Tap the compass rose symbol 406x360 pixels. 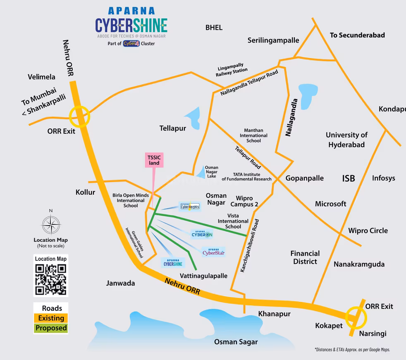point(51,225)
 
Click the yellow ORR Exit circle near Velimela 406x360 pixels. point(79,117)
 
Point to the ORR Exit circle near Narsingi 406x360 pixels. point(356,317)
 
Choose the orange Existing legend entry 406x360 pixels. point(51,318)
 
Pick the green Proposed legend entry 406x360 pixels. point(51,328)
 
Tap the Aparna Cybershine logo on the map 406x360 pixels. point(173,262)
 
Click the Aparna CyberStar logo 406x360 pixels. point(213,252)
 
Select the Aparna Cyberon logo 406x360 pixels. point(202,234)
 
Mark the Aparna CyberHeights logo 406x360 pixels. point(190,206)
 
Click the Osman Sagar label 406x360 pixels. point(236,342)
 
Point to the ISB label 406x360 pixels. point(349,178)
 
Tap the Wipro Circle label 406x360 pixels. point(368,230)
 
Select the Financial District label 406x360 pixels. point(305,257)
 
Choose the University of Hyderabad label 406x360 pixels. point(346,140)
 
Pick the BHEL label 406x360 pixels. point(214,28)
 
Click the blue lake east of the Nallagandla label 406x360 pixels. point(308,96)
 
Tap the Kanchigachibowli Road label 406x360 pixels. point(250,245)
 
